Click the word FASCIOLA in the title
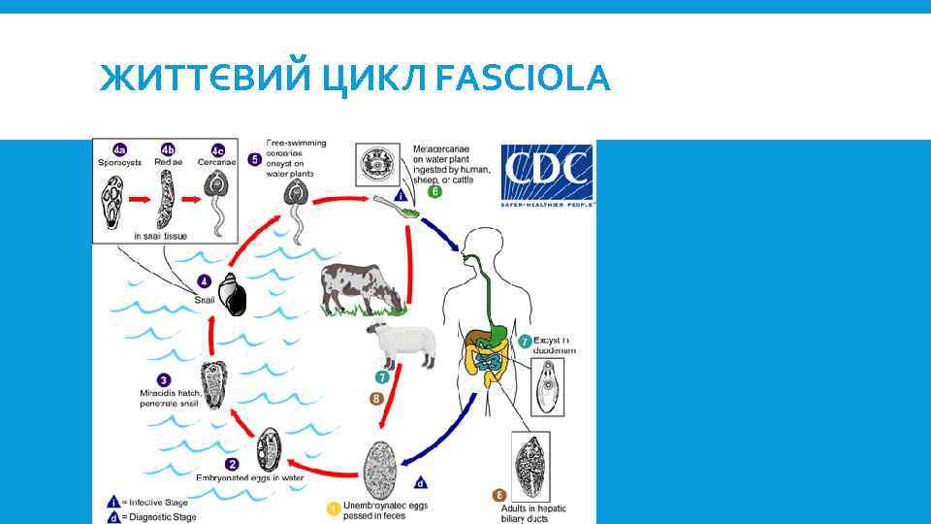(x=523, y=78)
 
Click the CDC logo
(x=547, y=175)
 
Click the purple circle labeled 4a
(x=119, y=149)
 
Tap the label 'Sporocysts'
(x=119, y=163)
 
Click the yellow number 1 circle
(x=334, y=508)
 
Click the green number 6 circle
(x=435, y=192)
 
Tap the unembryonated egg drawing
(x=381, y=471)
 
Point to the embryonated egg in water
(x=268, y=449)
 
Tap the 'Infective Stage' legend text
(x=159, y=502)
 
